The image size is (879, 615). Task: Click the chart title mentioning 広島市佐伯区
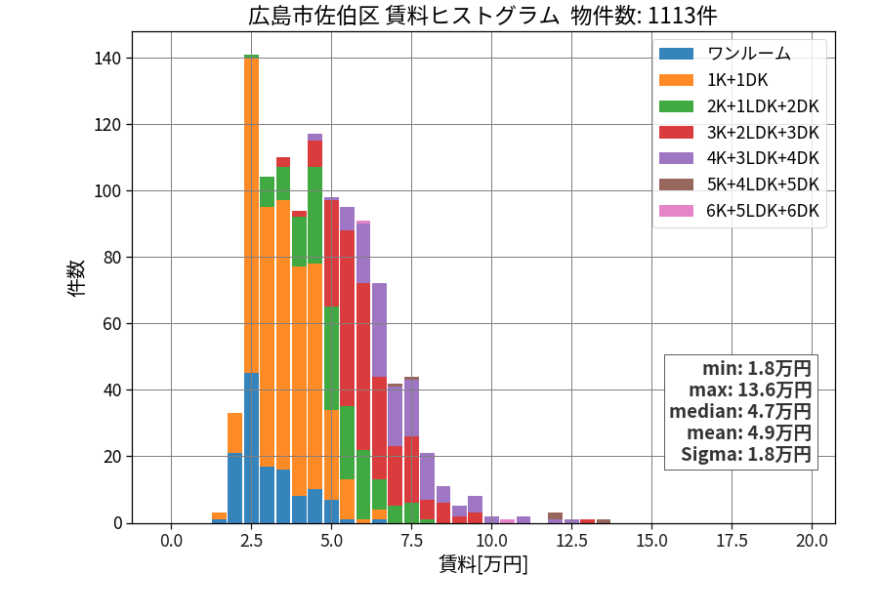click(482, 15)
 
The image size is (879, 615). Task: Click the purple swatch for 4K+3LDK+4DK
click(676, 158)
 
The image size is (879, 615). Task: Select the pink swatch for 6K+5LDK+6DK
click(676, 211)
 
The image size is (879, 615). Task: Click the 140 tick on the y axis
click(108, 59)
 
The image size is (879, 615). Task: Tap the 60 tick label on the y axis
click(112, 324)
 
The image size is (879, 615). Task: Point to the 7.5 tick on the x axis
click(411, 541)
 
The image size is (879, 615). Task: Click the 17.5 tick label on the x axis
click(732, 541)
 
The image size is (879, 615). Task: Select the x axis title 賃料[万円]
click(483, 564)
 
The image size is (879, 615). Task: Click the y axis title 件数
click(76, 278)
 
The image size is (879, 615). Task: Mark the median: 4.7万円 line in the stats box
click(740, 412)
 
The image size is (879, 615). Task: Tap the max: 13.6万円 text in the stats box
click(750, 389)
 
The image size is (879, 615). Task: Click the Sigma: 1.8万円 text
click(746, 454)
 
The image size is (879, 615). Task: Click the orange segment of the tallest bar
click(251, 215)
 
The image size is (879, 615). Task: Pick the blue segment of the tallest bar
click(251, 448)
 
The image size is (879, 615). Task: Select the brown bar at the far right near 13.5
click(604, 521)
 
